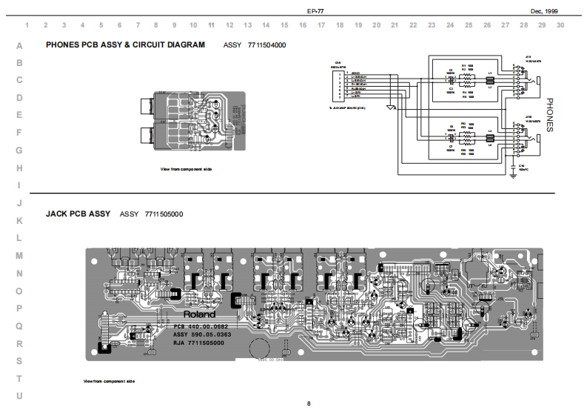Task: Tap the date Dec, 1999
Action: [x=545, y=11]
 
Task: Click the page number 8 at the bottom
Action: [x=309, y=403]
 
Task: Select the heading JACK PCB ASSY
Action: [x=78, y=214]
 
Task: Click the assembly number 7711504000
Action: [x=266, y=45]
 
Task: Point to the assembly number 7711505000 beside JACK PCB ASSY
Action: [x=164, y=214]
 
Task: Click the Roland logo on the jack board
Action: [x=199, y=314]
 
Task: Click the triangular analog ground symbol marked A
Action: [x=391, y=107]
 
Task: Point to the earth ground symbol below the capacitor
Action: [x=513, y=176]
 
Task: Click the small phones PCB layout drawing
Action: [x=191, y=121]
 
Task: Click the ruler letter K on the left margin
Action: [x=19, y=221]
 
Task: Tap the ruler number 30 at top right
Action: [x=560, y=25]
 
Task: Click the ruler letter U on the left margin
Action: [x=19, y=395]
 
